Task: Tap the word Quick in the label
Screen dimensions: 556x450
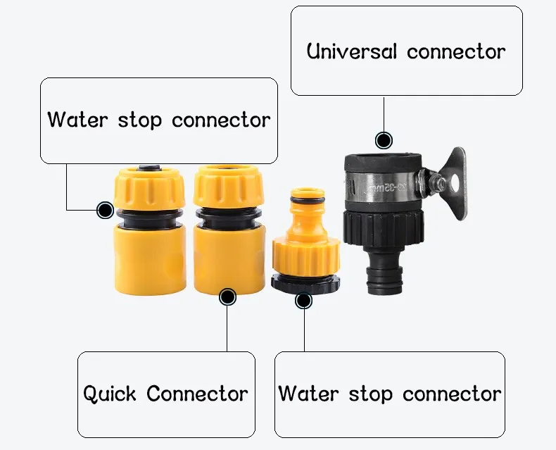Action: coord(109,394)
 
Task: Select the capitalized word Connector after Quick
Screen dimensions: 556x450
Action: coord(197,394)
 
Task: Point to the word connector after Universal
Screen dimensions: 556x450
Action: coord(456,51)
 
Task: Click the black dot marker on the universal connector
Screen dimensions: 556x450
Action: coord(383,140)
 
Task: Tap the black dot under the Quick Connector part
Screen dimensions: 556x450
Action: coord(227,296)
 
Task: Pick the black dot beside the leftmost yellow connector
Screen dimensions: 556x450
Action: coord(105,210)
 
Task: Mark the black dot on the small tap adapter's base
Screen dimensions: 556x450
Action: coord(303,301)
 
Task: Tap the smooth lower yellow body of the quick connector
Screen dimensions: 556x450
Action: coord(229,261)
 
